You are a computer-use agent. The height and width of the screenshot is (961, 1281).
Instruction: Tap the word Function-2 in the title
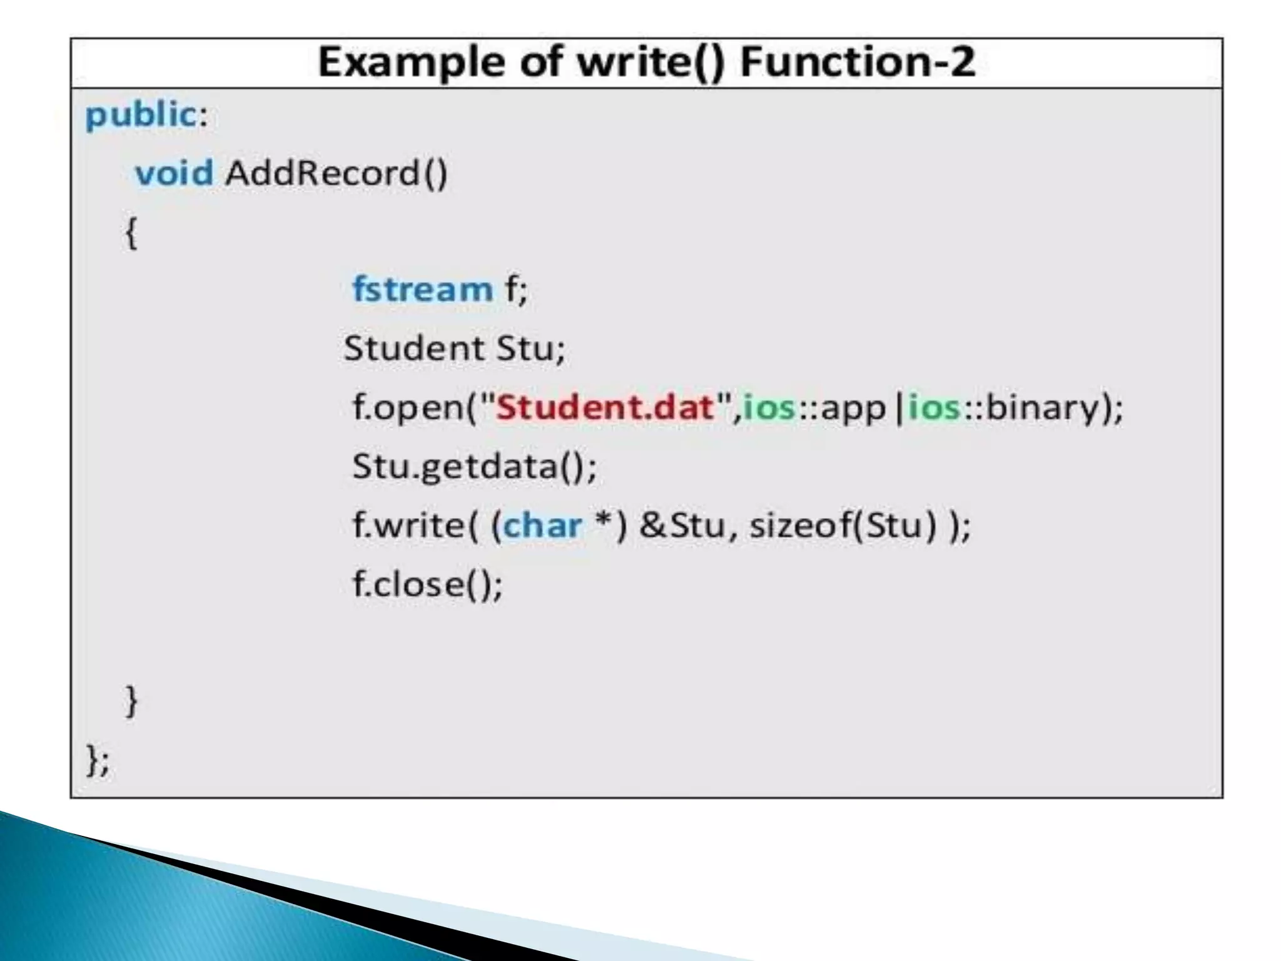click(857, 63)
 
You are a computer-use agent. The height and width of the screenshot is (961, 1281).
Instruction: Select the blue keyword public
click(141, 115)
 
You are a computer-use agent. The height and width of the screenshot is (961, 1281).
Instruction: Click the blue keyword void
click(174, 173)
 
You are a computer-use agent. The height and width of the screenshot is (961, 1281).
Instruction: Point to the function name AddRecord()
click(337, 173)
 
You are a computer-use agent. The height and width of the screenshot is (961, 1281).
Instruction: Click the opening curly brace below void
click(131, 233)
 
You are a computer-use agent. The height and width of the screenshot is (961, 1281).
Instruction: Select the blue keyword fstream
click(423, 289)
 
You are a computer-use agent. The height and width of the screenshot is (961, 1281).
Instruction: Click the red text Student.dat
click(605, 407)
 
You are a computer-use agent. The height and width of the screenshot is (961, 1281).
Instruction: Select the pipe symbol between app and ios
click(899, 407)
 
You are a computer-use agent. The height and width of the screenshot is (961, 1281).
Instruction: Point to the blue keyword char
click(542, 526)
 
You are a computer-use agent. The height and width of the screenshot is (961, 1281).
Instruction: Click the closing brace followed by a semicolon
click(97, 761)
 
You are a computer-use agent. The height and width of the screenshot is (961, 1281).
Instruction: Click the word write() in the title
click(650, 63)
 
